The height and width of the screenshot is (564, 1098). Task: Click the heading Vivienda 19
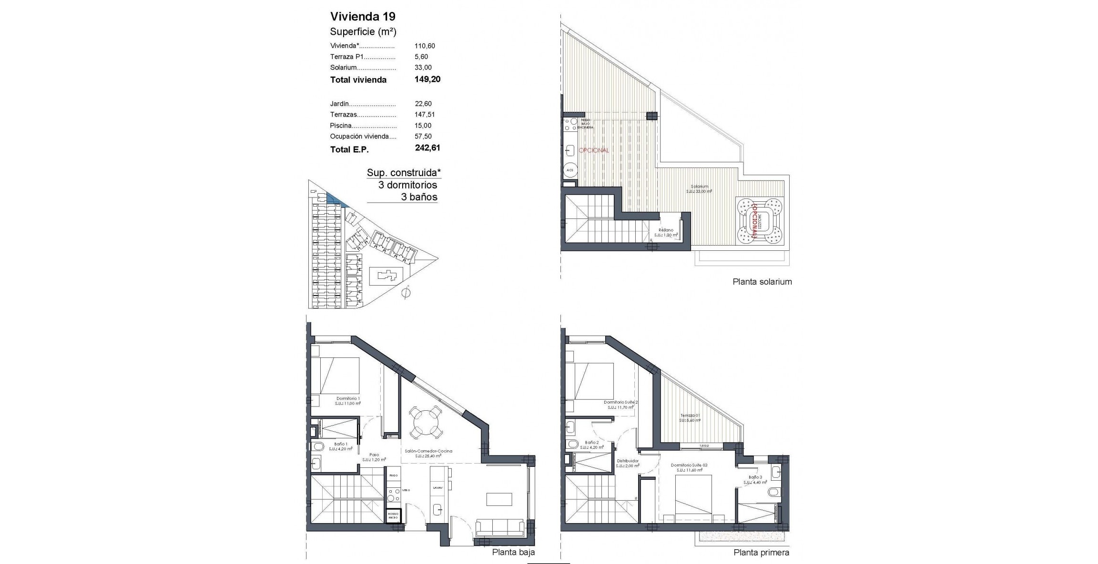pyautogui.click(x=363, y=17)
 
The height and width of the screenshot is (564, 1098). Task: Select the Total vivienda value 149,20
pyautogui.click(x=427, y=79)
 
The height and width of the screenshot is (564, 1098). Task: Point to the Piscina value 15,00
pyautogui.click(x=423, y=126)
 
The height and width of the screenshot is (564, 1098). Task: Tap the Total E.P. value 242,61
pyautogui.click(x=427, y=148)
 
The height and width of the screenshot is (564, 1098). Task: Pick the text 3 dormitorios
pyautogui.click(x=407, y=185)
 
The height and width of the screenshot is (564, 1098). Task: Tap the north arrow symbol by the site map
pyautogui.click(x=406, y=292)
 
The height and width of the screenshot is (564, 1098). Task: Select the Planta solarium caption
pyautogui.click(x=762, y=282)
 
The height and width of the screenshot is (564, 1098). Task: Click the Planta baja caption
pyautogui.click(x=513, y=552)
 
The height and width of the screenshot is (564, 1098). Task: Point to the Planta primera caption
pyautogui.click(x=761, y=553)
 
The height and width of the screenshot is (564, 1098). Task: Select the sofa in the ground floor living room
pyautogui.click(x=500, y=528)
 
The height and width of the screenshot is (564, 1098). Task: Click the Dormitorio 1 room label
pyautogui.click(x=348, y=399)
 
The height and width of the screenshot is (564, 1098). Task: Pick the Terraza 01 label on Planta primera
pyautogui.click(x=690, y=416)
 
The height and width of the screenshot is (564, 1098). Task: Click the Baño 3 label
pyautogui.click(x=755, y=477)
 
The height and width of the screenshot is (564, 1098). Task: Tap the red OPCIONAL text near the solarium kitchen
pyautogui.click(x=594, y=150)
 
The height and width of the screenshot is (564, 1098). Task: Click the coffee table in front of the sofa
pyautogui.click(x=499, y=499)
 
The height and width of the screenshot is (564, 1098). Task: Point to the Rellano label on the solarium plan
pyautogui.click(x=666, y=230)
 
